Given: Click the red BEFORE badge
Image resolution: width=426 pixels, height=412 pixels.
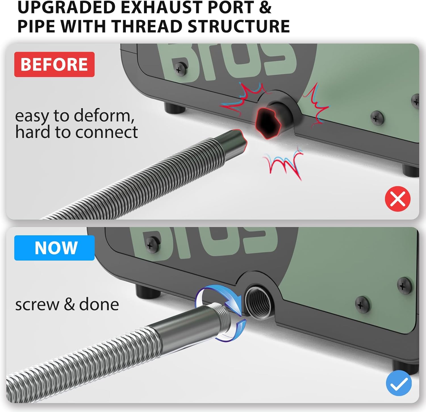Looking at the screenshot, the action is (x=54, y=64).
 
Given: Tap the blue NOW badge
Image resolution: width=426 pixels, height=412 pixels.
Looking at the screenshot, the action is (x=54, y=248).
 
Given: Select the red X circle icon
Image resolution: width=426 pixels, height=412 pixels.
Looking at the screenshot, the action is (x=398, y=199).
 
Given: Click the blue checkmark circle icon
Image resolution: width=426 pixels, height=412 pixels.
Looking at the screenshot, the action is (x=399, y=383).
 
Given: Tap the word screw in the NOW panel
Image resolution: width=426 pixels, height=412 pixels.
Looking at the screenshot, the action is (x=37, y=305).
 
